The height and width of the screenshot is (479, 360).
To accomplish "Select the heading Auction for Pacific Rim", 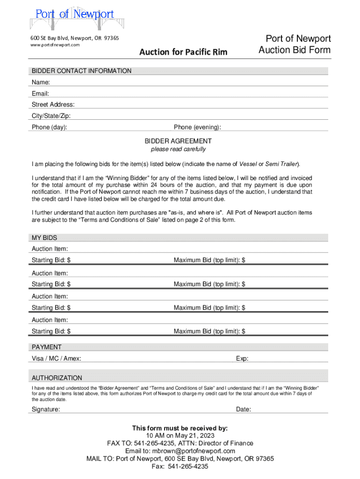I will tap(183, 52).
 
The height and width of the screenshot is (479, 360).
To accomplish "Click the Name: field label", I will tap(41, 82).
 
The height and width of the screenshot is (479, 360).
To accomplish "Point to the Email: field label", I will tap(41, 94).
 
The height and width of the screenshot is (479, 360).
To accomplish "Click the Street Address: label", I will tap(53, 105).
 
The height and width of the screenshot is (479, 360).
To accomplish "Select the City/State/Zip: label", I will tap(51, 116).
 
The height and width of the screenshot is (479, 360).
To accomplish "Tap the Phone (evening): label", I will tap(197, 127).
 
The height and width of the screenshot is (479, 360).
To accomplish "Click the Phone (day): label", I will tap(49, 127).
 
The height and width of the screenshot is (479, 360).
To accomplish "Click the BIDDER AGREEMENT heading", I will tap(178, 141).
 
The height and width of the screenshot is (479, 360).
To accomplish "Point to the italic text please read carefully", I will tap(178, 149).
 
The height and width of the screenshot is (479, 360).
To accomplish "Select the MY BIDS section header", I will tap(44, 238).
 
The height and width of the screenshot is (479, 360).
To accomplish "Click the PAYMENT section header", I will tap(46, 347).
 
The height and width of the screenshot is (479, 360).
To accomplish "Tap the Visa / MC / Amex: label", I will tap(56, 358).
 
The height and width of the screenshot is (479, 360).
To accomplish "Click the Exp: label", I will tap(242, 358).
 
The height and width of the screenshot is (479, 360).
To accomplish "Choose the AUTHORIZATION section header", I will tap(57, 378).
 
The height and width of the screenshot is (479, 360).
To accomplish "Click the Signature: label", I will tap(46, 409).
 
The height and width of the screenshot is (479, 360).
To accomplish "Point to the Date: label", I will tap(244, 409).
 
